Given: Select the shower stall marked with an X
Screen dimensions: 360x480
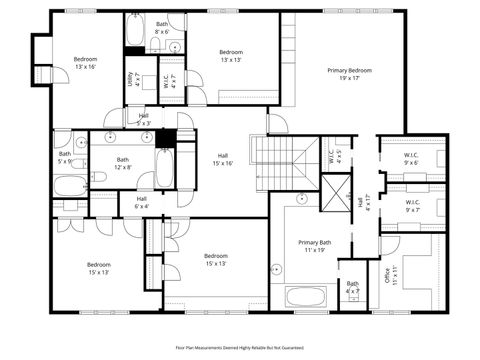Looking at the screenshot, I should point(332,190).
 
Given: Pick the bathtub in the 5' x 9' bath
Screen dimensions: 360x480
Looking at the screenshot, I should point(70,186).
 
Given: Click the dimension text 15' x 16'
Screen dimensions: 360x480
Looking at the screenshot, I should point(222,163).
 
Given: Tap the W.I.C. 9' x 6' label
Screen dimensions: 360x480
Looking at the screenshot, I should point(411,158).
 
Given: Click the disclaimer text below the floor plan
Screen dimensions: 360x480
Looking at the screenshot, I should point(240,347).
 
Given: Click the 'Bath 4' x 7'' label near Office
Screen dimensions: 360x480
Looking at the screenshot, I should point(352,287).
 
